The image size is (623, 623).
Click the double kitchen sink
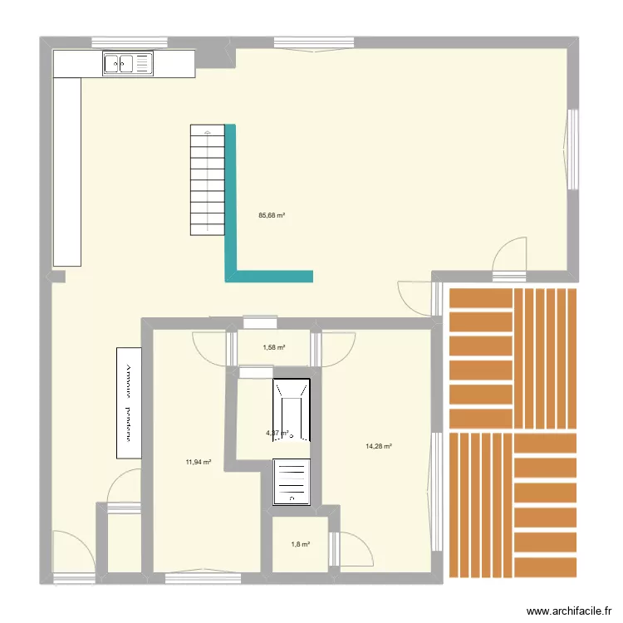(129, 63)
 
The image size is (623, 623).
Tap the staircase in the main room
(207, 179)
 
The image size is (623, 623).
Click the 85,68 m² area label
(272, 215)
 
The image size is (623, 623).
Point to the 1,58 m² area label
(274, 348)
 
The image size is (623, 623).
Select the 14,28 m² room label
(378, 446)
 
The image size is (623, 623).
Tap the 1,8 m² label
(300, 544)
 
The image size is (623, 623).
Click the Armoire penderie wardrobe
(129, 402)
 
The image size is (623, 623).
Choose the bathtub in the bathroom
(292, 410)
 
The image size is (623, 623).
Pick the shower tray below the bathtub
(292, 483)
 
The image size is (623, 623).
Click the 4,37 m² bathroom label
(276, 433)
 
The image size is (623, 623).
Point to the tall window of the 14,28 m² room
(436, 490)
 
